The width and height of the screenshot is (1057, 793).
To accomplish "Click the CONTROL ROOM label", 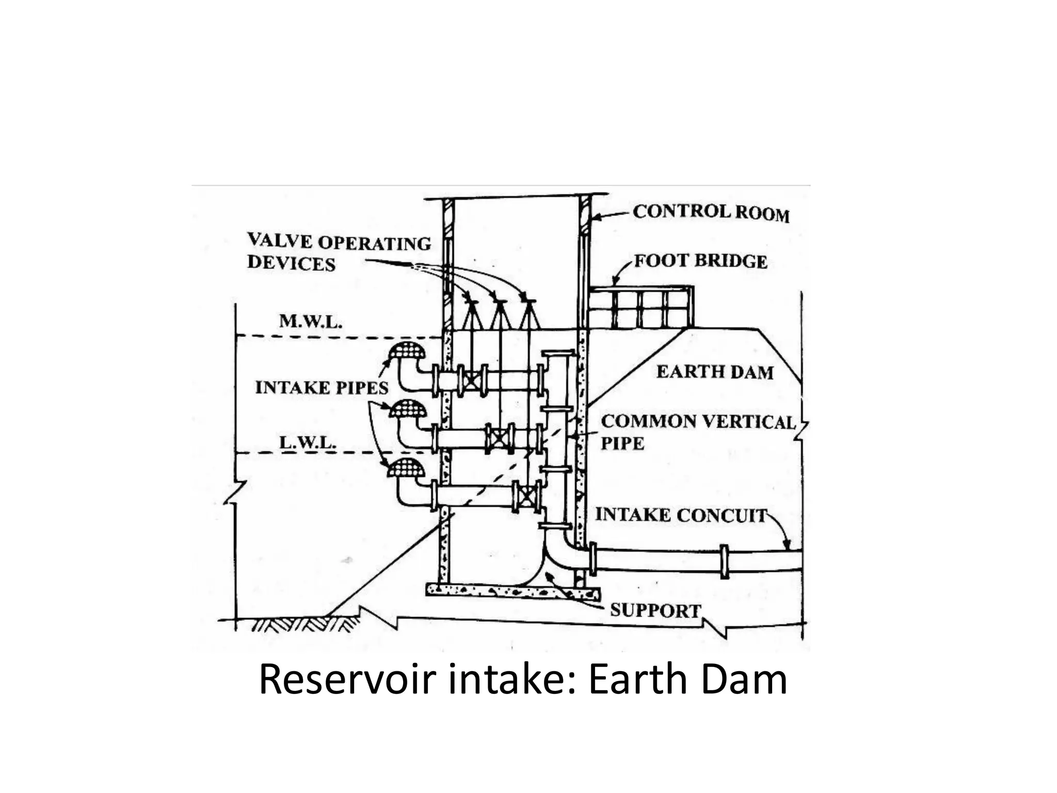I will (711, 213).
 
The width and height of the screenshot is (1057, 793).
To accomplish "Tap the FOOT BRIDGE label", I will (700, 261).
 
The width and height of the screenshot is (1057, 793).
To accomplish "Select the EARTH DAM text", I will (715, 372).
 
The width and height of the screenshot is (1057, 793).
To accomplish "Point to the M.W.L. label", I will (311, 322).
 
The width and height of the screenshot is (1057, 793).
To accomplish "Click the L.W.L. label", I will (308, 442).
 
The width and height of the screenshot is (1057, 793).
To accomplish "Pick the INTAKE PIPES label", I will (322, 387).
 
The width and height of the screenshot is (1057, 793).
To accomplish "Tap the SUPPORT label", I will (655, 610).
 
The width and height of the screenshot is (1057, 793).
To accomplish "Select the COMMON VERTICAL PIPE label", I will (698, 432).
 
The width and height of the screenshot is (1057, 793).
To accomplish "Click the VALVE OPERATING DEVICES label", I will (339, 252).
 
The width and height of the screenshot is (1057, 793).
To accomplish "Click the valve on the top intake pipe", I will (471, 381).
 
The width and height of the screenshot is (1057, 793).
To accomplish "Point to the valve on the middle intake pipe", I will (499, 439).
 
